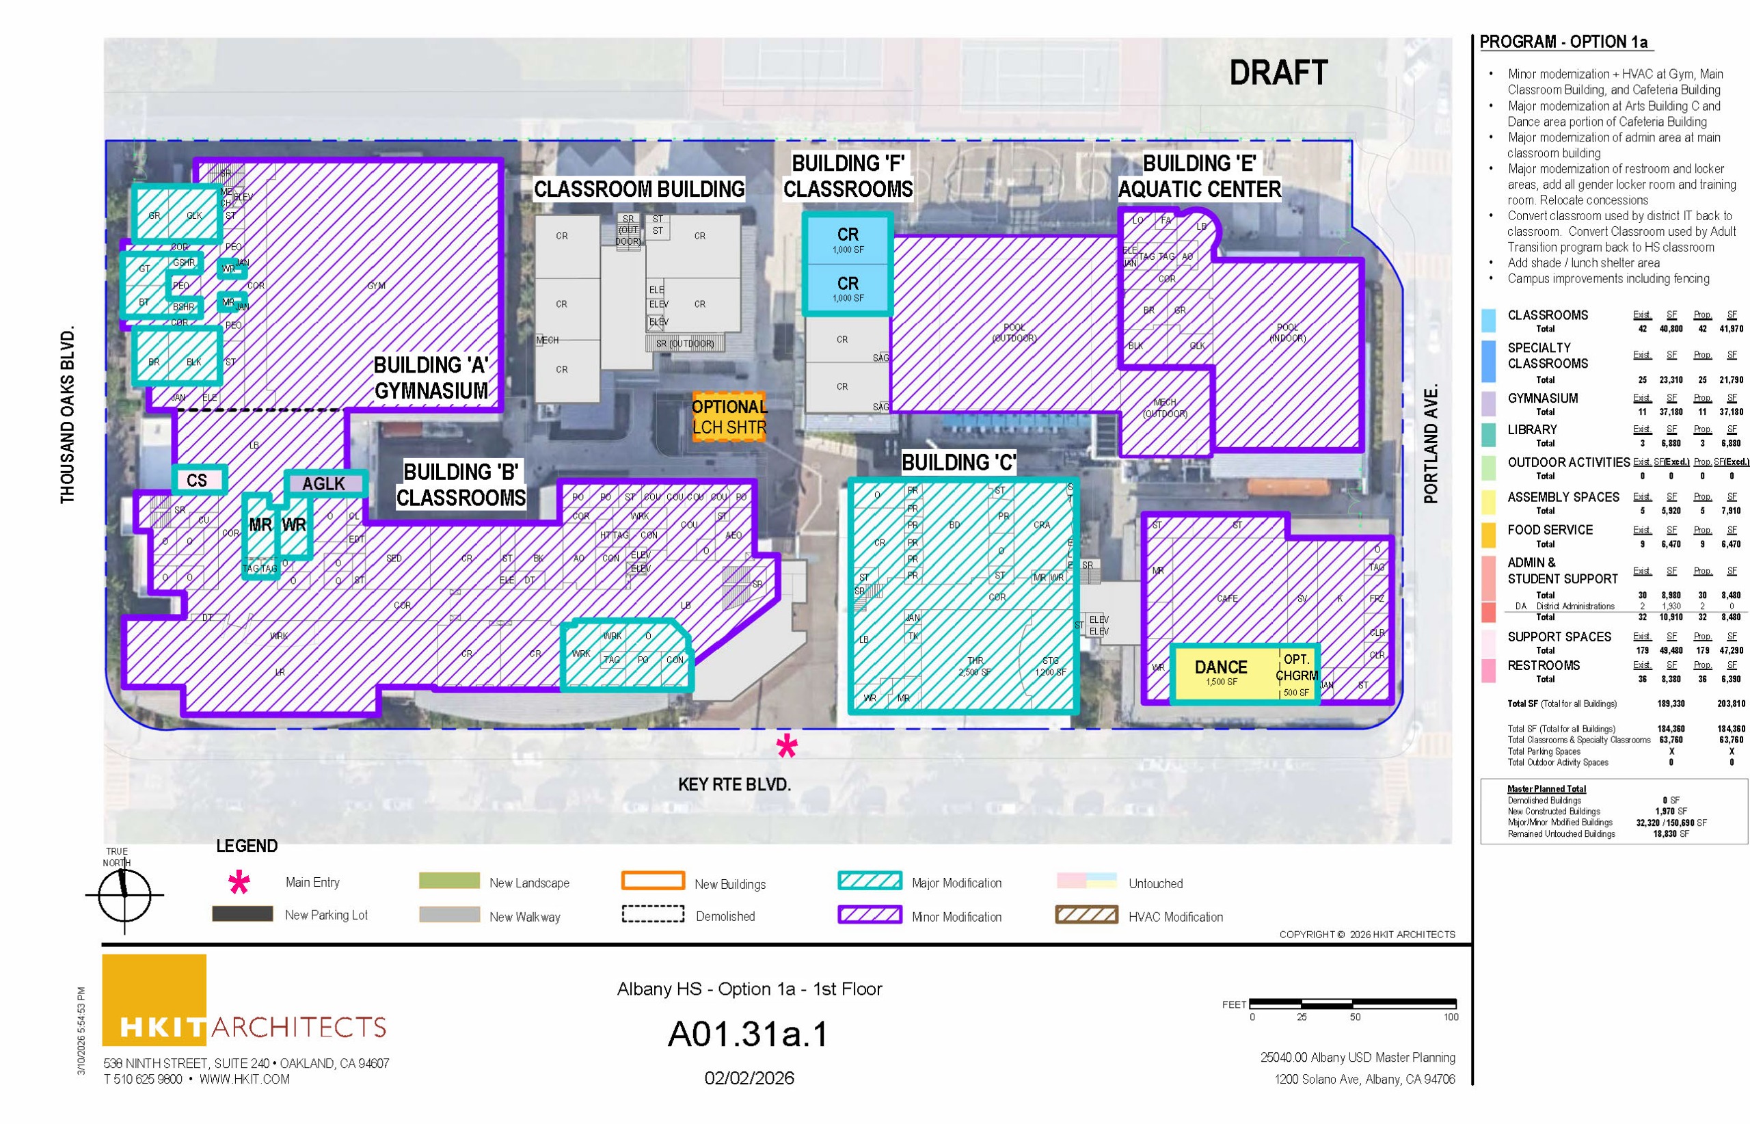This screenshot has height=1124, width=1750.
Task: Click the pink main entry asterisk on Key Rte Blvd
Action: tap(786, 746)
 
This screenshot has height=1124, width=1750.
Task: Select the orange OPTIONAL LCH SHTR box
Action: tap(728, 417)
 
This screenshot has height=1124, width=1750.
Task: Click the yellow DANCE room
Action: tap(1220, 671)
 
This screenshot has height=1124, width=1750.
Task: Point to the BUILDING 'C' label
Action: tap(958, 462)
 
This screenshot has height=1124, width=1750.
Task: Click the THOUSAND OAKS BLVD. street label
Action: tap(68, 414)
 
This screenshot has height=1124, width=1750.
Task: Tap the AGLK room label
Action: tap(323, 483)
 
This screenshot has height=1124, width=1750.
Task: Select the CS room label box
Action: tap(197, 480)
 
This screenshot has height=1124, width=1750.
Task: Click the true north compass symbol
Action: tap(124, 894)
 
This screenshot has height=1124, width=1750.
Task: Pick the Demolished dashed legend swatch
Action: tap(652, 915)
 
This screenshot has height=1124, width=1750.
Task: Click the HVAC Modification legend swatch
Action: tap(1086, 915)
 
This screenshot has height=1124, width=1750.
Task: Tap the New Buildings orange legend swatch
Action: tap(652, 881)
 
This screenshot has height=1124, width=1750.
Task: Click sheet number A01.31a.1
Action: tap(748, 1034)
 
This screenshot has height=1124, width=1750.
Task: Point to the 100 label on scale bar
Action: tap(1449, 1017)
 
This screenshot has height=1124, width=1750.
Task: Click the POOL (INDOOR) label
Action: tap(1287, 332)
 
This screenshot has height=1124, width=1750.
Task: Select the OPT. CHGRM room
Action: tap(1296, 673)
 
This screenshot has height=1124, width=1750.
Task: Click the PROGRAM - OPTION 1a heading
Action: tap(1563, 42)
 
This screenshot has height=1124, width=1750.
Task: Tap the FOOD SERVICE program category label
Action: tap(1549, 530)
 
